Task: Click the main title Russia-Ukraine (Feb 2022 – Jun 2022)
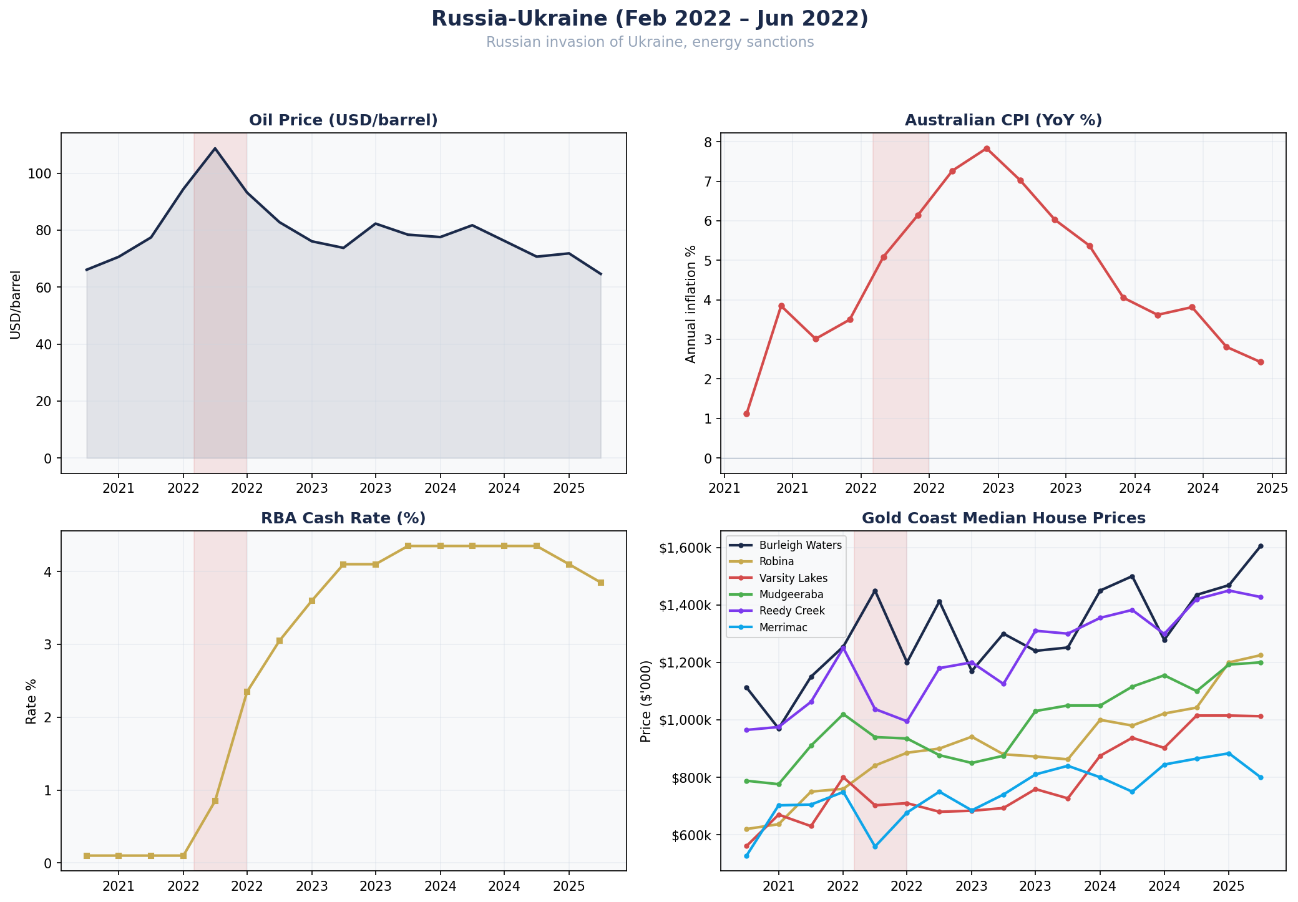point(649,19)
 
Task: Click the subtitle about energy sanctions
point(649,42)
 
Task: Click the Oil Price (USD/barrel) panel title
point(343,120)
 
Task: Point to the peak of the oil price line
point(215,148)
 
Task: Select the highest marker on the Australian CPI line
point(987,148)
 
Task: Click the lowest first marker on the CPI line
point(746,414)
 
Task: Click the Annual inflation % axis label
point(690,304)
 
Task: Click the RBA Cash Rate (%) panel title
point(343,518)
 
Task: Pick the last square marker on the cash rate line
point(600,583)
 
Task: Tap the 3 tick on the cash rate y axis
point(47,644)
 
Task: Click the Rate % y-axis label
point(31,702)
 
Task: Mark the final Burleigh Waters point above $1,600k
point(1260,546)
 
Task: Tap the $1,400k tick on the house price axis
point(685,605)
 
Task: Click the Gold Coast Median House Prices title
point(1003,518)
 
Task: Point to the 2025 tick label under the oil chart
point(568,487)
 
